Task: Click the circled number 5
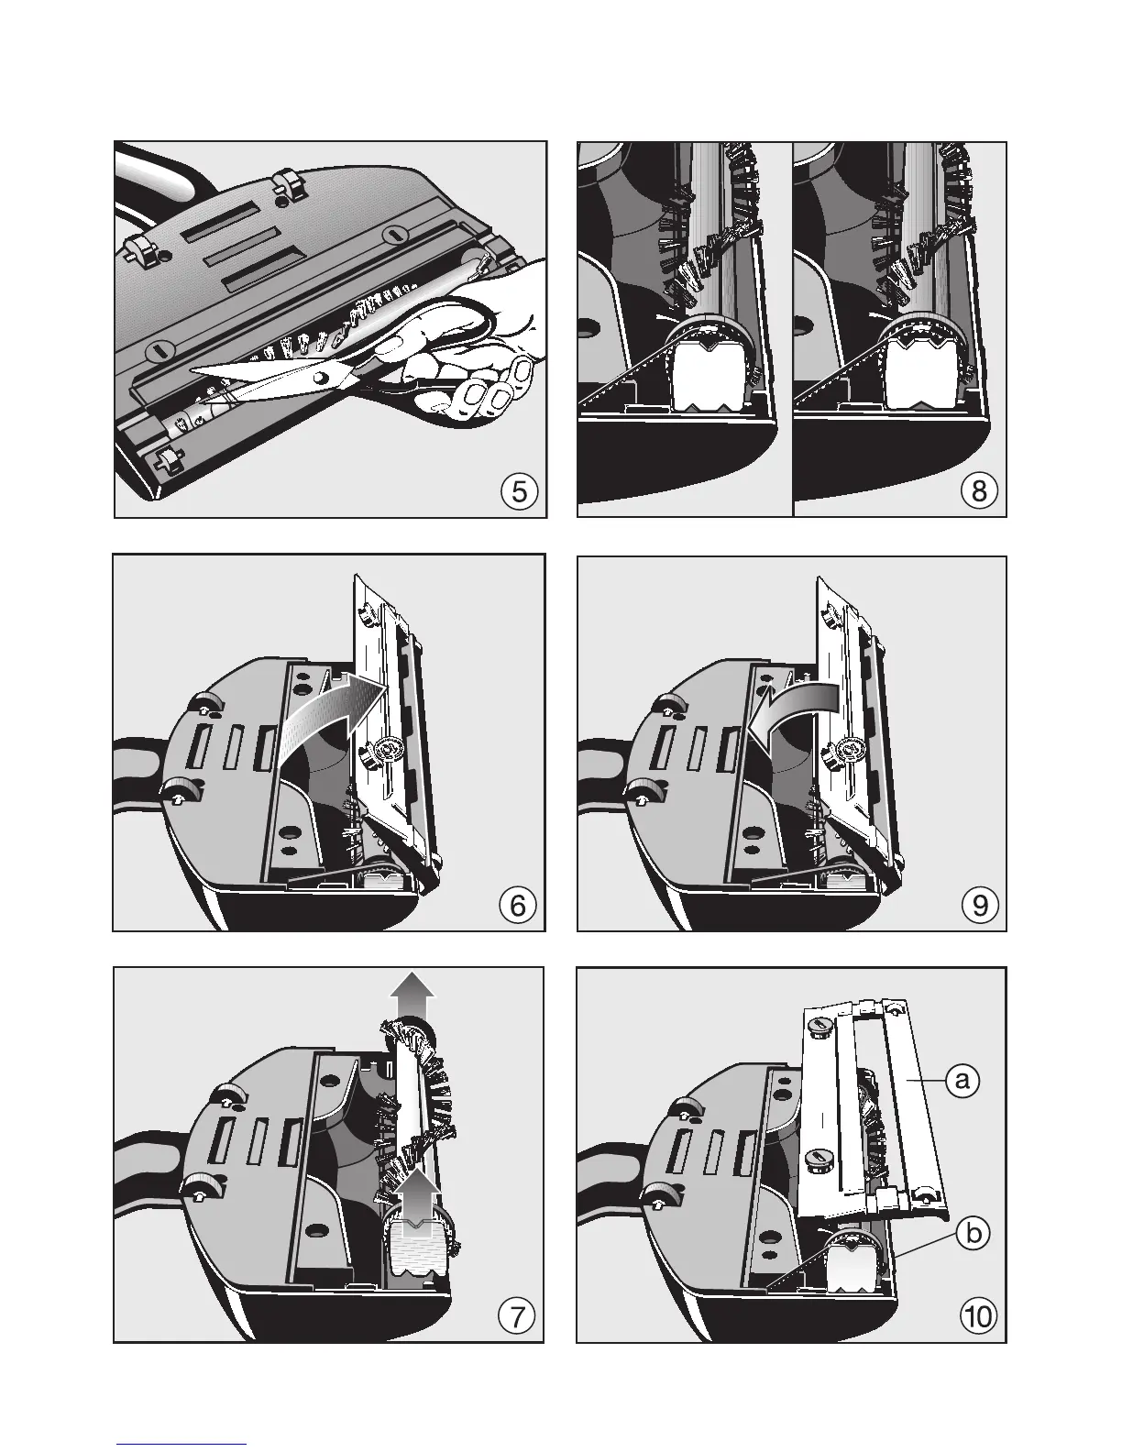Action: coord(519,492)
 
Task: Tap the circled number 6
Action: coord(518,906)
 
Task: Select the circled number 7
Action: coord(517,1317)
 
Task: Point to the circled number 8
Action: coord(979,491)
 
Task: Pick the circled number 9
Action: coord(980,906)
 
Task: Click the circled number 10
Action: coord(978,1317)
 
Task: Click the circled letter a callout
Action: coord(962,1080)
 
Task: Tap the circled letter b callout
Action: coord(973,1234)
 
